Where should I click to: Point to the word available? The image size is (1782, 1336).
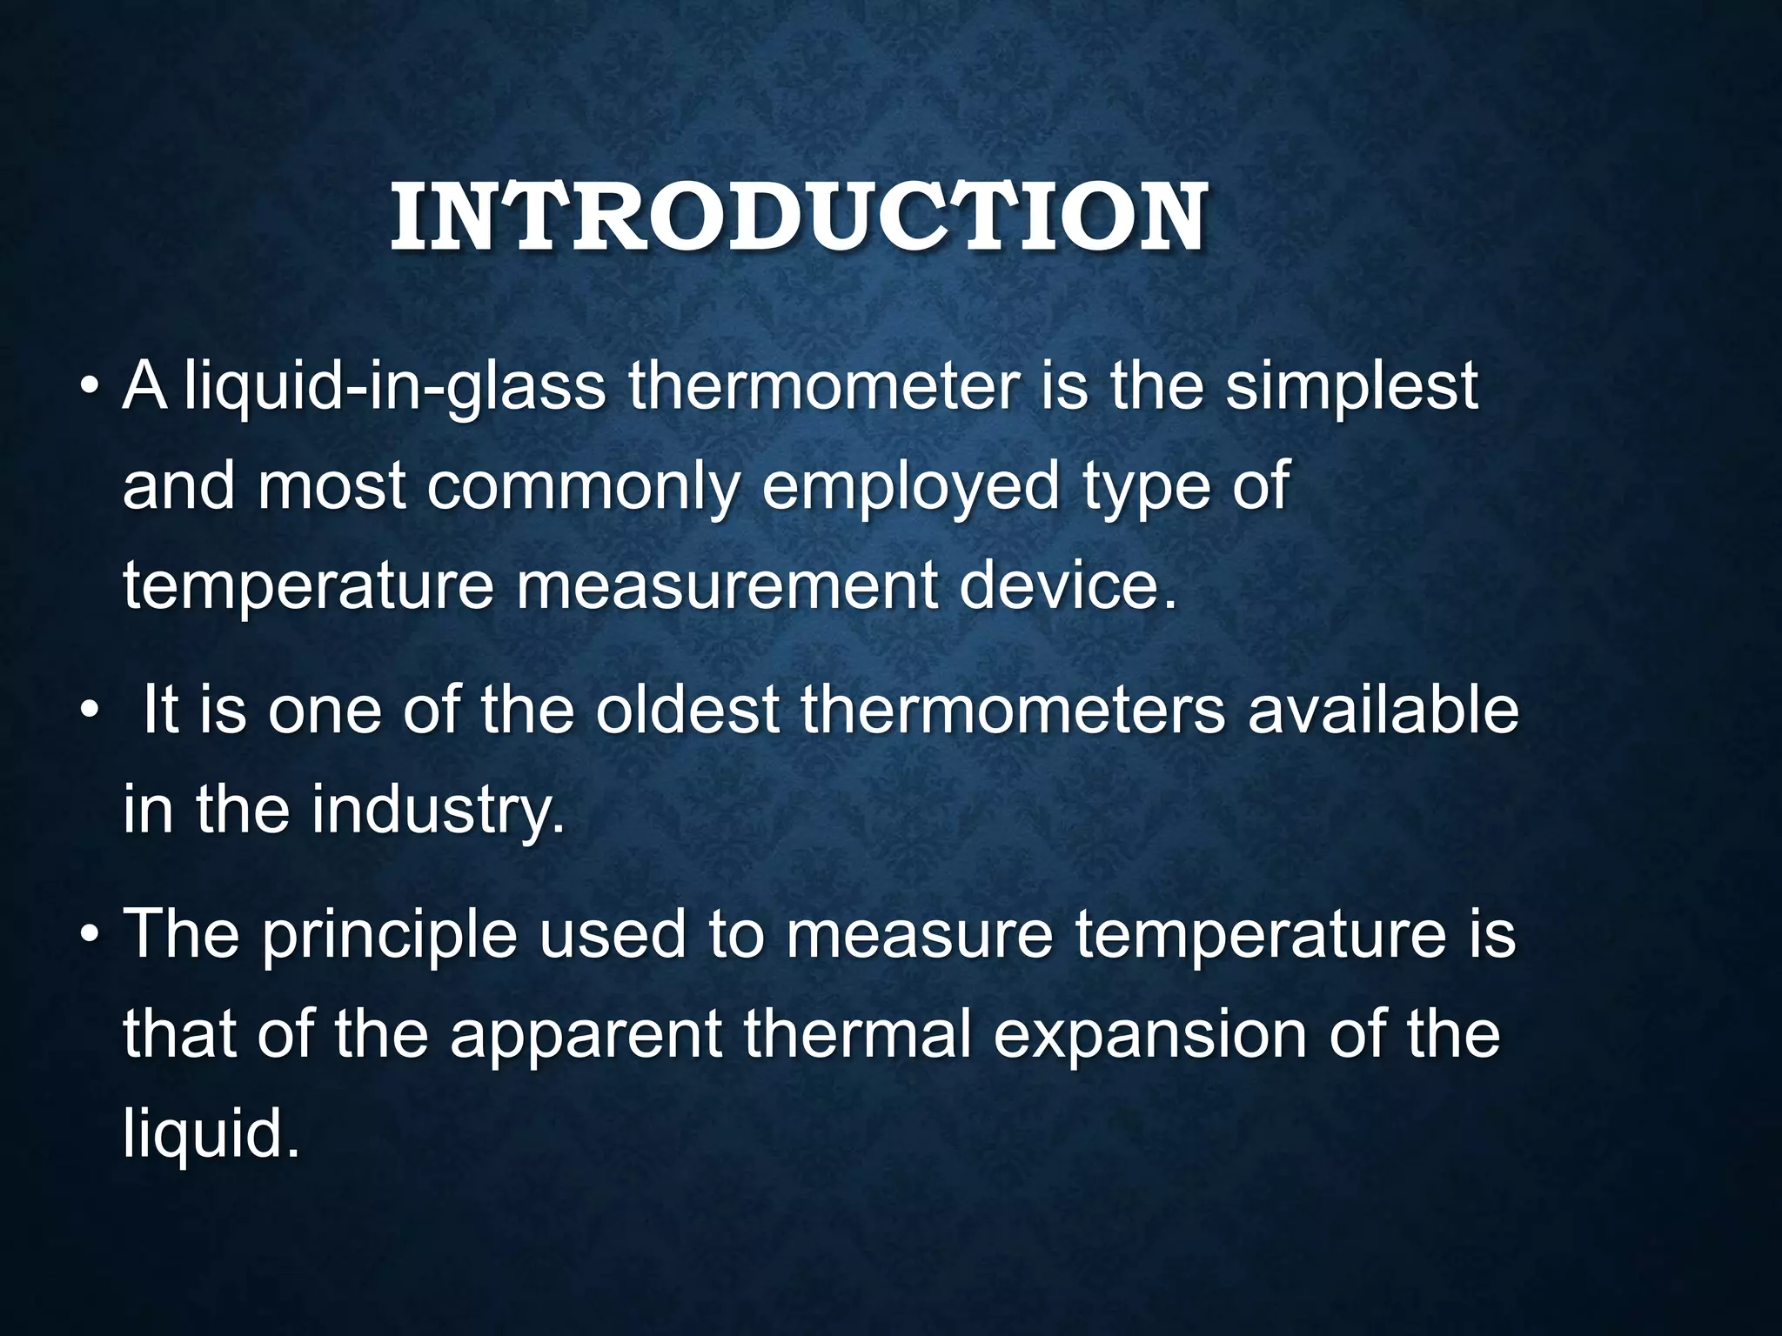[1383, 710]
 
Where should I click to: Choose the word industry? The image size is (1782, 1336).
[438, 810]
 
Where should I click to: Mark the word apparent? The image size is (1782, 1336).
[586, 1035]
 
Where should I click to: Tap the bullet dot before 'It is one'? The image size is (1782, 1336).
[90, 711]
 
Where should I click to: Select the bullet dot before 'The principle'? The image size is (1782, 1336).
[90, 935]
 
